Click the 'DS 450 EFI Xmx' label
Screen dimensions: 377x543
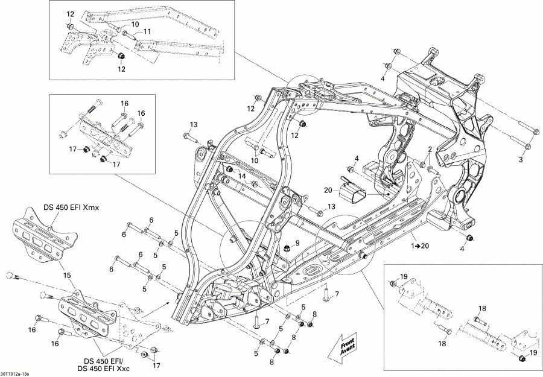(71, 208)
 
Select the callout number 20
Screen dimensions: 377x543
(328, 191)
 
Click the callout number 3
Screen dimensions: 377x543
(521, 159)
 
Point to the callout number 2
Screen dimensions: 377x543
(431, 149)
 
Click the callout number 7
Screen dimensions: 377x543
(337, 294)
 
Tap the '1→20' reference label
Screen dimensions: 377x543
(422, 246)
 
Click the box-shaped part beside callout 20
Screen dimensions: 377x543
(355, 195)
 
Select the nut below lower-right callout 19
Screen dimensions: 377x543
(522, 360)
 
